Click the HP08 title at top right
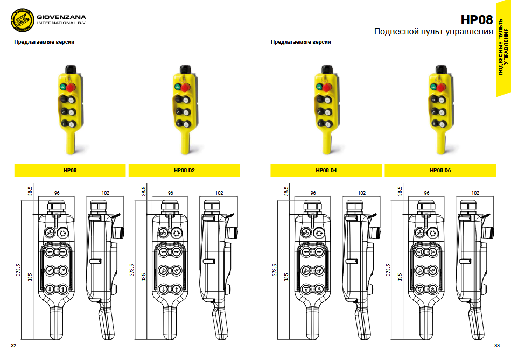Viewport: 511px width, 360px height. point(477,20)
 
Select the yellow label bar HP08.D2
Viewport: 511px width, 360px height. point(184,171)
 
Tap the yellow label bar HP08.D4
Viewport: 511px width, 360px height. point(326,171)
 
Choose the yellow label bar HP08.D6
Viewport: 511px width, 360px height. point(440,171)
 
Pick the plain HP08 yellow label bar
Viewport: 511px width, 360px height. point(70,171)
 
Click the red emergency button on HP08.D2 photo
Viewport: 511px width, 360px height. point(185,87)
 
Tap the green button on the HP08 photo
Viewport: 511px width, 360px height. point(63,87)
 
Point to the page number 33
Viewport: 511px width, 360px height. point(497,345)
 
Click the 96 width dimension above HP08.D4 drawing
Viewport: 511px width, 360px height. point(313,193)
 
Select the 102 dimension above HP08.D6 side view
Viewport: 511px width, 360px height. point(475,193)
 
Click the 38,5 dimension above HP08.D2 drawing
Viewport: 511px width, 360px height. point(144,190)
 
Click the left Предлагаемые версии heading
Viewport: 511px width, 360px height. point(44,42)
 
